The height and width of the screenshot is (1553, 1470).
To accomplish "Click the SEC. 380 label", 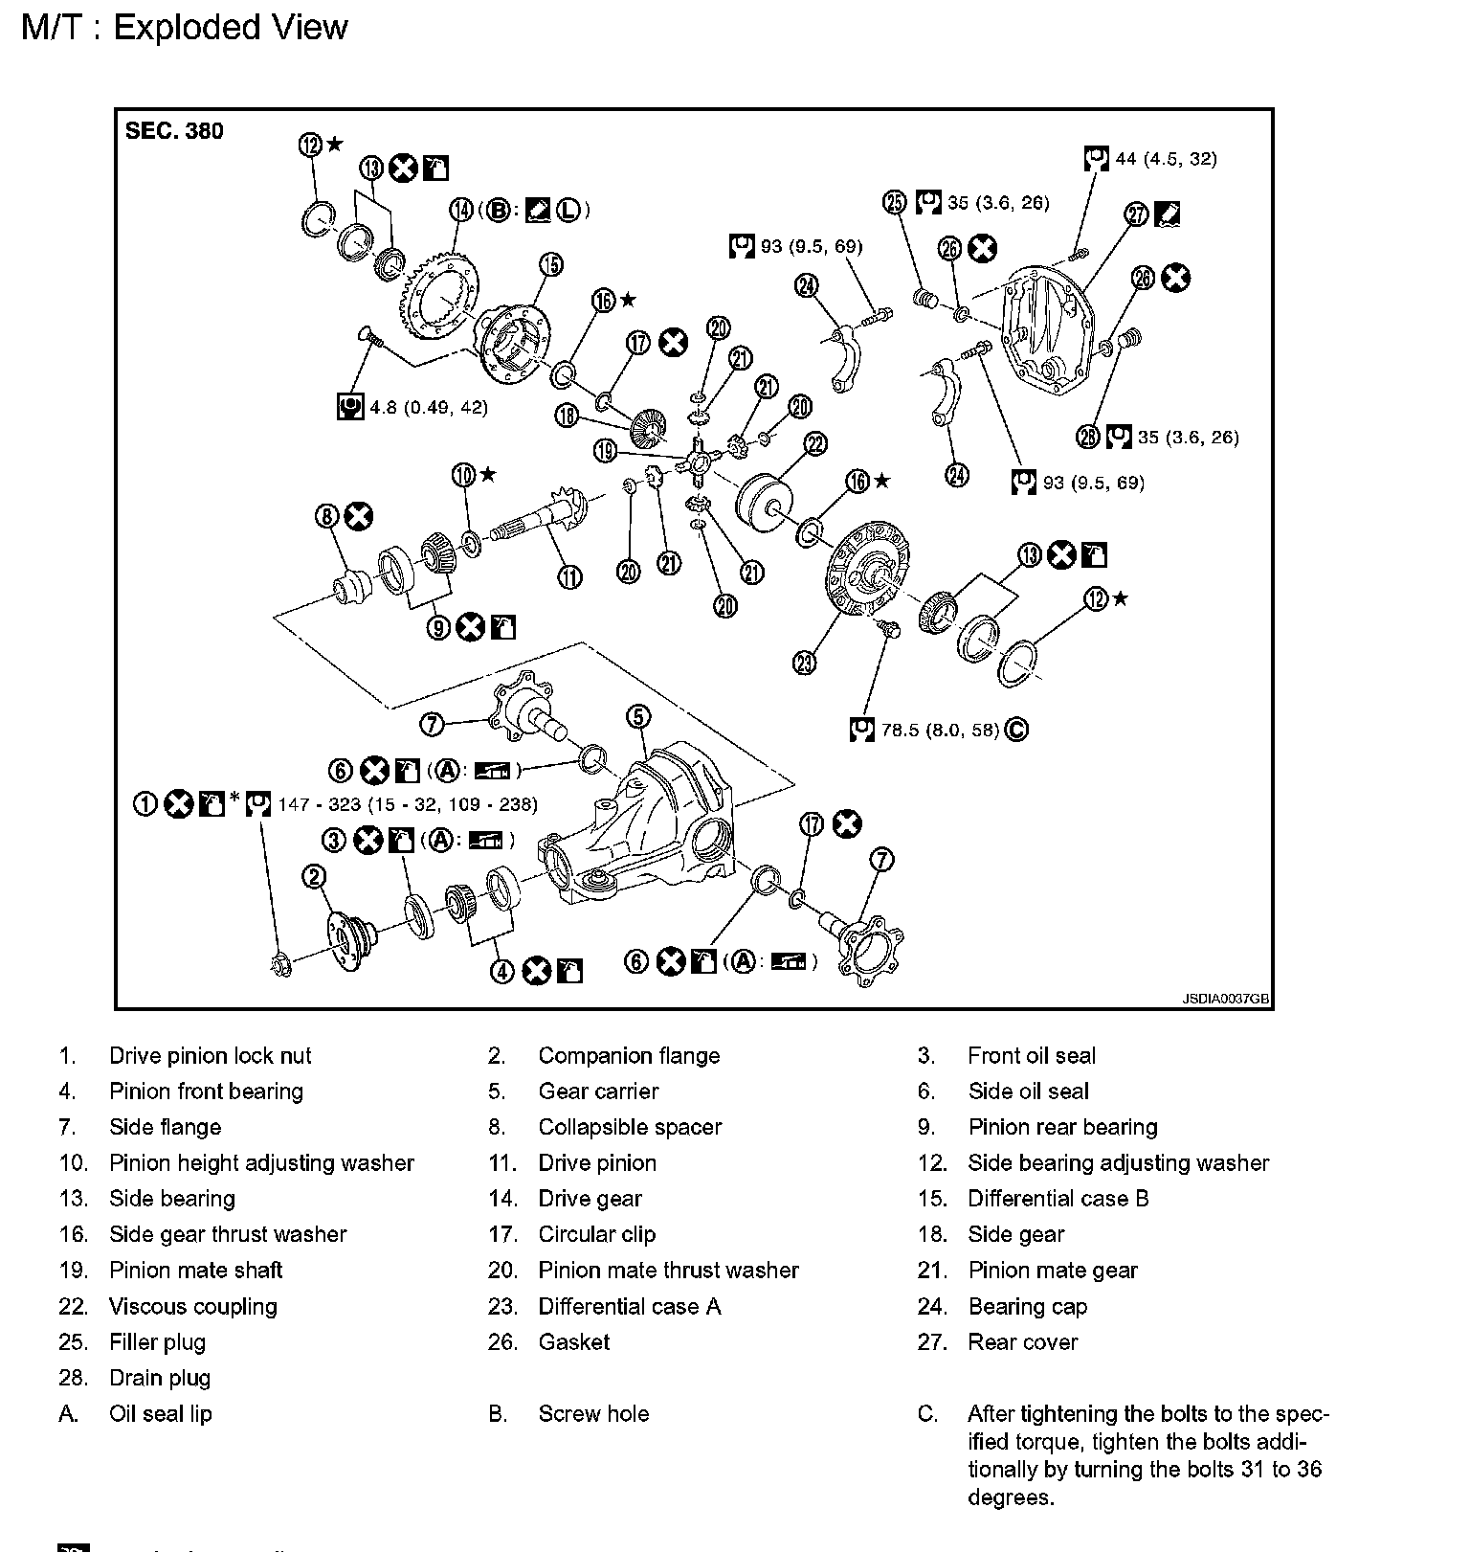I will [x=174, y=131].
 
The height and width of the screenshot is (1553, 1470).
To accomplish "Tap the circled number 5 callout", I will [x=638, y=716].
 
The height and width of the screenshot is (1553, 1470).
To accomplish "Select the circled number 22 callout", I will [x=815, y=443].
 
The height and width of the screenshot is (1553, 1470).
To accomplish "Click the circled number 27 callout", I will [x=1136, y=214].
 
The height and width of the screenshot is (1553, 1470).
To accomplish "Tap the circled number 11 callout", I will [x=569, y=576].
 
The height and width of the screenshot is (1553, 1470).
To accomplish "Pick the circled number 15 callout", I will [x=551, y=264].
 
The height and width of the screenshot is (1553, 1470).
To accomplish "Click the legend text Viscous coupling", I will [x=192, y=1306].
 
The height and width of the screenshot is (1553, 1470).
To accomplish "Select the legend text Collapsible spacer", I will [x=630, y=1127].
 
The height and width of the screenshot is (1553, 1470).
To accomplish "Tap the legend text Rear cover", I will [x=1022, y=1342].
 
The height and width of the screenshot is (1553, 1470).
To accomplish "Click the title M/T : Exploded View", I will [x=185, y=27].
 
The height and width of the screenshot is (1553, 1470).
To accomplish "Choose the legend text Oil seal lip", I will [x=160, y=1414].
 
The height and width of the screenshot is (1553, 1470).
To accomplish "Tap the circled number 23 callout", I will [x=805, y=662].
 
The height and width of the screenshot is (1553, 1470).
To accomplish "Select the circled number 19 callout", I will [x=605, y=450].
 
